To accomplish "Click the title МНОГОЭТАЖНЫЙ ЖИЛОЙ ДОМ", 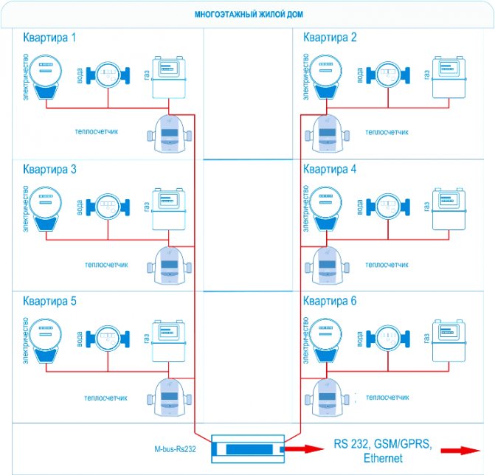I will pos(248,15).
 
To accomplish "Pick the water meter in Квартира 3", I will pos(108,206).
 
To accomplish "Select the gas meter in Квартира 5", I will pos(169,337).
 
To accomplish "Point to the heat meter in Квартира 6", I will pos(327,396).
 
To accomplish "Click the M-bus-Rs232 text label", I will pos(170,448).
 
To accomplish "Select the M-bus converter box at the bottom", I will pos(248,447).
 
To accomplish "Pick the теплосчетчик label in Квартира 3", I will pos(108,264).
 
